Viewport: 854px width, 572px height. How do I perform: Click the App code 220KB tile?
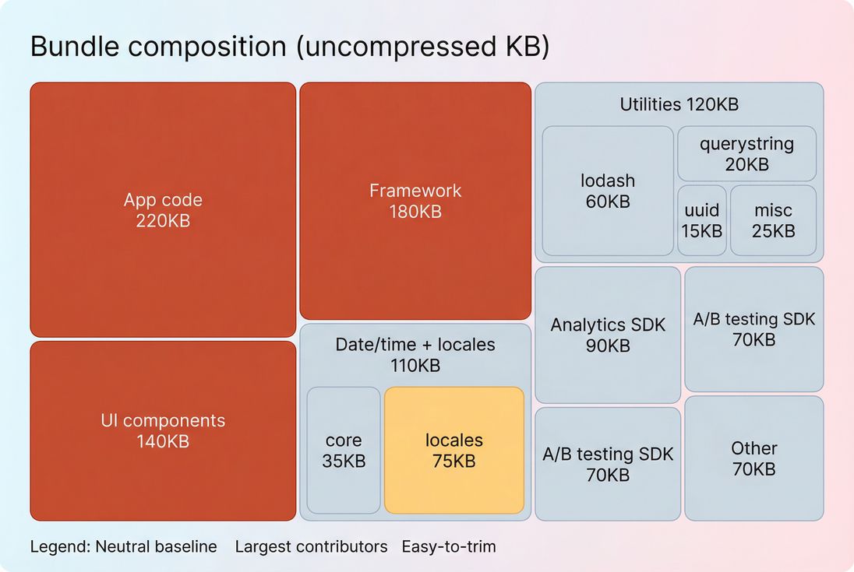(x=163, y=210)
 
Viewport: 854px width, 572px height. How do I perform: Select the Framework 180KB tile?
(x=415, y=201)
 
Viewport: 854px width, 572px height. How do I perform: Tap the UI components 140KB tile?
(x=163, y=430)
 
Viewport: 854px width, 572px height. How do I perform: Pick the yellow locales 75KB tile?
(x=453, y=450)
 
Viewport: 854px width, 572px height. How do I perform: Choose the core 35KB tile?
(x=344, y=450)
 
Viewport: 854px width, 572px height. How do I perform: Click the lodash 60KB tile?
(x=608, y=191)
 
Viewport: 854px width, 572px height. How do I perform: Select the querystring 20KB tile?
(x=746, y=153)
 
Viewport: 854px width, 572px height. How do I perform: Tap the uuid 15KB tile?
(x=702, y=220)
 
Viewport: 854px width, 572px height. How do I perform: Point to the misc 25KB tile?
(x=773, y=220)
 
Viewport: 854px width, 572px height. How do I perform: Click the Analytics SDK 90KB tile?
(x=608, y=335)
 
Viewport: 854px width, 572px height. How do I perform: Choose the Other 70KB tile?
(x=753, y=458)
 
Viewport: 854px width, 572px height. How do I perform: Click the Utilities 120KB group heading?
(x=679, y=104)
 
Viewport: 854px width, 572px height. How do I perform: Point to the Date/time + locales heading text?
(x=415, y=344)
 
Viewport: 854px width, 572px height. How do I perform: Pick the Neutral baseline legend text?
(x=156, y=546)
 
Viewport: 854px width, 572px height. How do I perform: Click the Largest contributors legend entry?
(x=311, y=546)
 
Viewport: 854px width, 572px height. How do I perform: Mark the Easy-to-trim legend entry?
(x=449, y=546)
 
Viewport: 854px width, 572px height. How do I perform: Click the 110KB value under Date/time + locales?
(x=415, y=365)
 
